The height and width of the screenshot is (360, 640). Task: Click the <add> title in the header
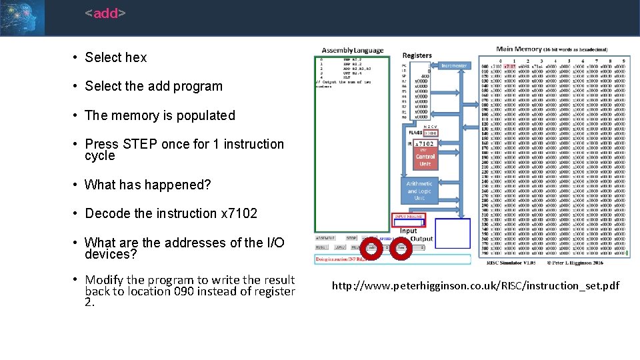[x=105, y=13]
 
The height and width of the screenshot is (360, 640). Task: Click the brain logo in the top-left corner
[x=22, y=17]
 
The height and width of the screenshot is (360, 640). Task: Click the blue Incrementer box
[x=454, y=65]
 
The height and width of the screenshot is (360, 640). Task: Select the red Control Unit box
[x=425, y=160]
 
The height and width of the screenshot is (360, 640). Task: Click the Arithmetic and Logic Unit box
[x=419, y=191]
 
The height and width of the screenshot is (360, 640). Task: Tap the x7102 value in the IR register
[x=425, y=143]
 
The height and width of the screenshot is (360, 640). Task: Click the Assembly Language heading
[x=353, y=50]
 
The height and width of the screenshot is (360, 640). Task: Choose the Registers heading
[x=417, y=55]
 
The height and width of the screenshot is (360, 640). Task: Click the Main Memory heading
[x=523, y=48]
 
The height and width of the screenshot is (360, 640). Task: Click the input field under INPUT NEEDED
[x=409, y=223]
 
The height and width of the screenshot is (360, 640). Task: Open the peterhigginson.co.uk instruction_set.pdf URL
[x=475, y=286]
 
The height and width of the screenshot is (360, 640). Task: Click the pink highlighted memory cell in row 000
[x=510, y=67]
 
